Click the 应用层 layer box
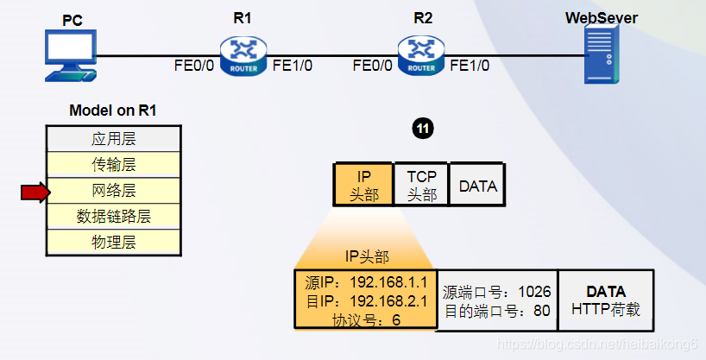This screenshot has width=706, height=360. (113, 138)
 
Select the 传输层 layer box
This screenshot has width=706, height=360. (113, 164)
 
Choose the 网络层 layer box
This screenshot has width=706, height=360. (113, 190)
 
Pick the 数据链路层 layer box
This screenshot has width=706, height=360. (113, 216)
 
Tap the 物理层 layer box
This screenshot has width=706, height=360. (113, 242)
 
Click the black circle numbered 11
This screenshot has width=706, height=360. (422, 129)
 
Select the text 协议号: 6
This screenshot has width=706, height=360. (366, 319)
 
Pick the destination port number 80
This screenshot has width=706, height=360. (541, 310)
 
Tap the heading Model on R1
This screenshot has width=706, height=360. (113, 111)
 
